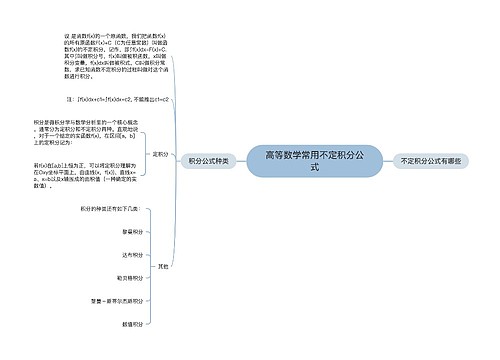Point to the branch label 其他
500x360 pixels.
click(x=162, y=265)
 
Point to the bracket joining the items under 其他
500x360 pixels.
click(x=150, y=265)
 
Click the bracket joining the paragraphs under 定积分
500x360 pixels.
click(x=147, y=154)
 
